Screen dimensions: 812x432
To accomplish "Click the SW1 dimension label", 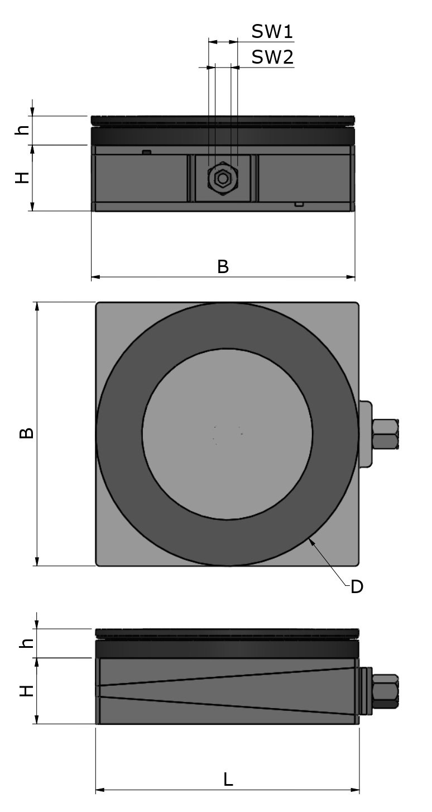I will point(272,31).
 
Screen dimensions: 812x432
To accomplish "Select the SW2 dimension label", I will point(272,57).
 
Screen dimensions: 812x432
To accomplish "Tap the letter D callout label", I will point(357,587).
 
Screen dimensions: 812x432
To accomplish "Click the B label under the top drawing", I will point(223,267).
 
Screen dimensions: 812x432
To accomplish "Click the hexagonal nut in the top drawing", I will point(223,179).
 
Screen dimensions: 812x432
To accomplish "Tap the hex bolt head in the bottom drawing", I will point(386,691).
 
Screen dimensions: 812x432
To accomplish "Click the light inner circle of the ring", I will point(227,434).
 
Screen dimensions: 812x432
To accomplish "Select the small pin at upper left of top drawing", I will point(147,152).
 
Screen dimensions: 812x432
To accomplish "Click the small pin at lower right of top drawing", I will point(300,204).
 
